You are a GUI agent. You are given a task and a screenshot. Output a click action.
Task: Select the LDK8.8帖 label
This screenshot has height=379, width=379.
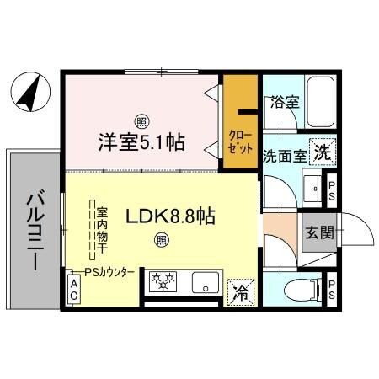tap(171, 216)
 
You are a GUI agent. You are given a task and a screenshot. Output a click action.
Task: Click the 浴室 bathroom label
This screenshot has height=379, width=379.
tap(284, 103)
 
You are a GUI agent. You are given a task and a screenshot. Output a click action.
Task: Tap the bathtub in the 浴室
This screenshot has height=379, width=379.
tap(319, 101)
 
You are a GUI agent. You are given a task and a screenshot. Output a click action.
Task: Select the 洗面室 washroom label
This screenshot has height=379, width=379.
tap(283, 155)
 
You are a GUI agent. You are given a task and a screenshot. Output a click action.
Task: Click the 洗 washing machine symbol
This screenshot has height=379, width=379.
tap(322, 152)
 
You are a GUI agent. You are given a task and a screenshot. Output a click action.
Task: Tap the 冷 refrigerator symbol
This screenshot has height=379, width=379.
tap(241, 292)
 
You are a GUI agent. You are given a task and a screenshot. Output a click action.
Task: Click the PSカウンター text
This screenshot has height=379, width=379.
tap(109, 272)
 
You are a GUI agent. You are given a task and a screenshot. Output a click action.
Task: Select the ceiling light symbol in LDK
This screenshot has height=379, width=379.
tap(160, 240)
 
